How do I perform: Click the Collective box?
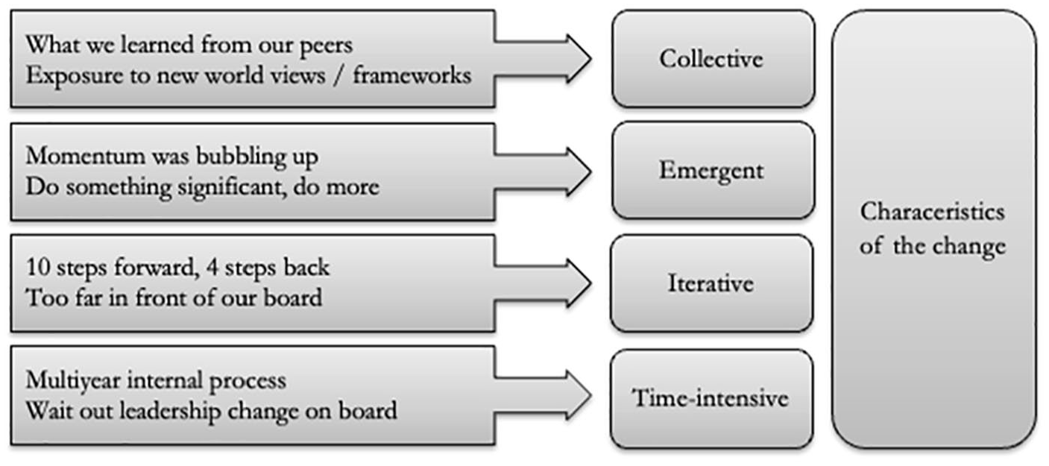click(x=713, y=59)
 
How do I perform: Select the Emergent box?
click(x=713, y=171)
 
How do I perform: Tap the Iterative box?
click(x=712, y=283)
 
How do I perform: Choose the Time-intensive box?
click(x=712, y=399)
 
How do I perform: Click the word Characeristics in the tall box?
click(x=933, y=212)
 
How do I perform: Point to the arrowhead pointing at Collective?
click(x=579, y=59)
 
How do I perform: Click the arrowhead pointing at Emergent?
click(x=579, y=171)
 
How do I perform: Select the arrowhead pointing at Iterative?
click(x=579, y=283)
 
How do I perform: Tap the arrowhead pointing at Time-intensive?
click(x=579, y=395)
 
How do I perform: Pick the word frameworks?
click(x=412, y=75)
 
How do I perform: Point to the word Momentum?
click(x=85, y=156)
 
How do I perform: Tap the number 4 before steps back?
click(x=212, y=268)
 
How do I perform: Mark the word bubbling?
click(x=241, y=157)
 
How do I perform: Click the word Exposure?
click(x=74, y=76)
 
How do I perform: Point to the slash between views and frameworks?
click(x=338, y=75)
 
